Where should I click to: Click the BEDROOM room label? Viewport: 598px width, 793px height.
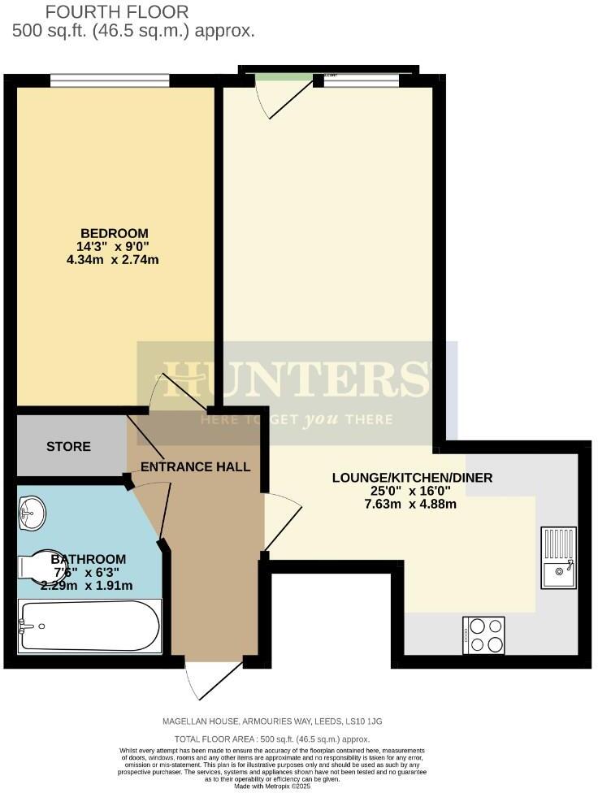click(x=120, y=234)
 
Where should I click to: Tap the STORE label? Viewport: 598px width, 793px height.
click(x=68, y=447)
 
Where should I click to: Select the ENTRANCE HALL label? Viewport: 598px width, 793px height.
click(x=195, y=467)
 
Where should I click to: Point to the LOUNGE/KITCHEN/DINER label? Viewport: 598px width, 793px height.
click(x=412, y=478)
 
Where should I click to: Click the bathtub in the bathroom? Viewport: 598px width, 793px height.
click(x=89, y=626)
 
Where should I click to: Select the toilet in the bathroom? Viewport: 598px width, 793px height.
click(x=34, y=564)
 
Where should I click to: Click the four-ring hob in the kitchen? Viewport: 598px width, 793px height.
click(x=483, y=635)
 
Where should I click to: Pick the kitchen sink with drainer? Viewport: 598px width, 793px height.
click(x=559, y=557)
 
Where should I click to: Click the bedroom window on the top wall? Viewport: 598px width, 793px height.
click(x=110, y=80)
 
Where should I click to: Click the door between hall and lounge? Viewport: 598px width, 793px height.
click(x=280, y=524)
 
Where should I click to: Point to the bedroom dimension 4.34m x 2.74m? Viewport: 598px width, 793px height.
click(x=120, y=261)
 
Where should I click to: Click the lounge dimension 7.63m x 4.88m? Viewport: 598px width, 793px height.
click(x=412, y=504)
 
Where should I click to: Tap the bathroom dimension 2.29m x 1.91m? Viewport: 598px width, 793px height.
click(x=88, y=585)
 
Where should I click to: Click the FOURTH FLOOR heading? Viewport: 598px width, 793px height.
click(x=116, y=12)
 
